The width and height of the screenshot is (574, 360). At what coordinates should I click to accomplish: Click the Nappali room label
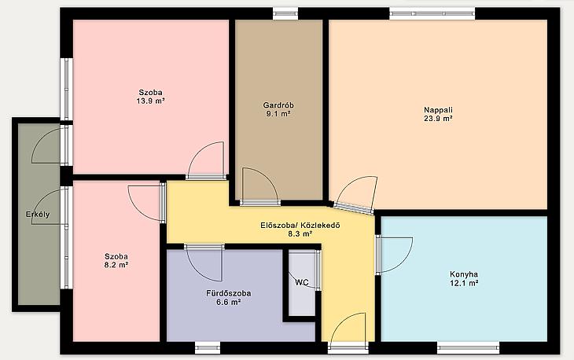pos(438,110)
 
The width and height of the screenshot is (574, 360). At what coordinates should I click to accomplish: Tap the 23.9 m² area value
pos(438,119)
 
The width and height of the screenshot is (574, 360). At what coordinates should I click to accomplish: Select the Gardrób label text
pos(278,105)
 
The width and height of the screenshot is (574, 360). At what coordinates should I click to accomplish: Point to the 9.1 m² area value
pos(278,114)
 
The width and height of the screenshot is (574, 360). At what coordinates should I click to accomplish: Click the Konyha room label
pos(464,274)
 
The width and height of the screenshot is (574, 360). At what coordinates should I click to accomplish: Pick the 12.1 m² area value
pos(464,283)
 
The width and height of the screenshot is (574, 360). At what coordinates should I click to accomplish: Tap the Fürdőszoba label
pos(229,293)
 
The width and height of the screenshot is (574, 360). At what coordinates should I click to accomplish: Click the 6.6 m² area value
pos(229,302)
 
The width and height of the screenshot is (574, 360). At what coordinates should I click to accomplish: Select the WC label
pos(302,282)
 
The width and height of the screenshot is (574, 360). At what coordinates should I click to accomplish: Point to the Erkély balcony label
pos(38,215)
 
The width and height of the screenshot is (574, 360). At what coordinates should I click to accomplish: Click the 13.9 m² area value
pos(150,101)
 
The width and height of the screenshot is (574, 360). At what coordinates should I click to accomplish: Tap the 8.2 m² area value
pos(116,265)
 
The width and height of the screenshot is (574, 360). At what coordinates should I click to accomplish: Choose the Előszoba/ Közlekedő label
pos(300,226)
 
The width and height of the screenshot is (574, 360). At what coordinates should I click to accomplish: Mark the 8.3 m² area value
pos(300,233)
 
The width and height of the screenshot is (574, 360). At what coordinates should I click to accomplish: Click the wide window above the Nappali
pos(432,14)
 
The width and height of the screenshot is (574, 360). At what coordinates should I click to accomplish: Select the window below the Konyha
pos(468,347)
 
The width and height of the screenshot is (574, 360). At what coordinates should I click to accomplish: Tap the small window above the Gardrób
pos(285,14)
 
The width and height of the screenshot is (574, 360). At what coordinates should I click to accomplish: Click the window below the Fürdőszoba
pos(208,347)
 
